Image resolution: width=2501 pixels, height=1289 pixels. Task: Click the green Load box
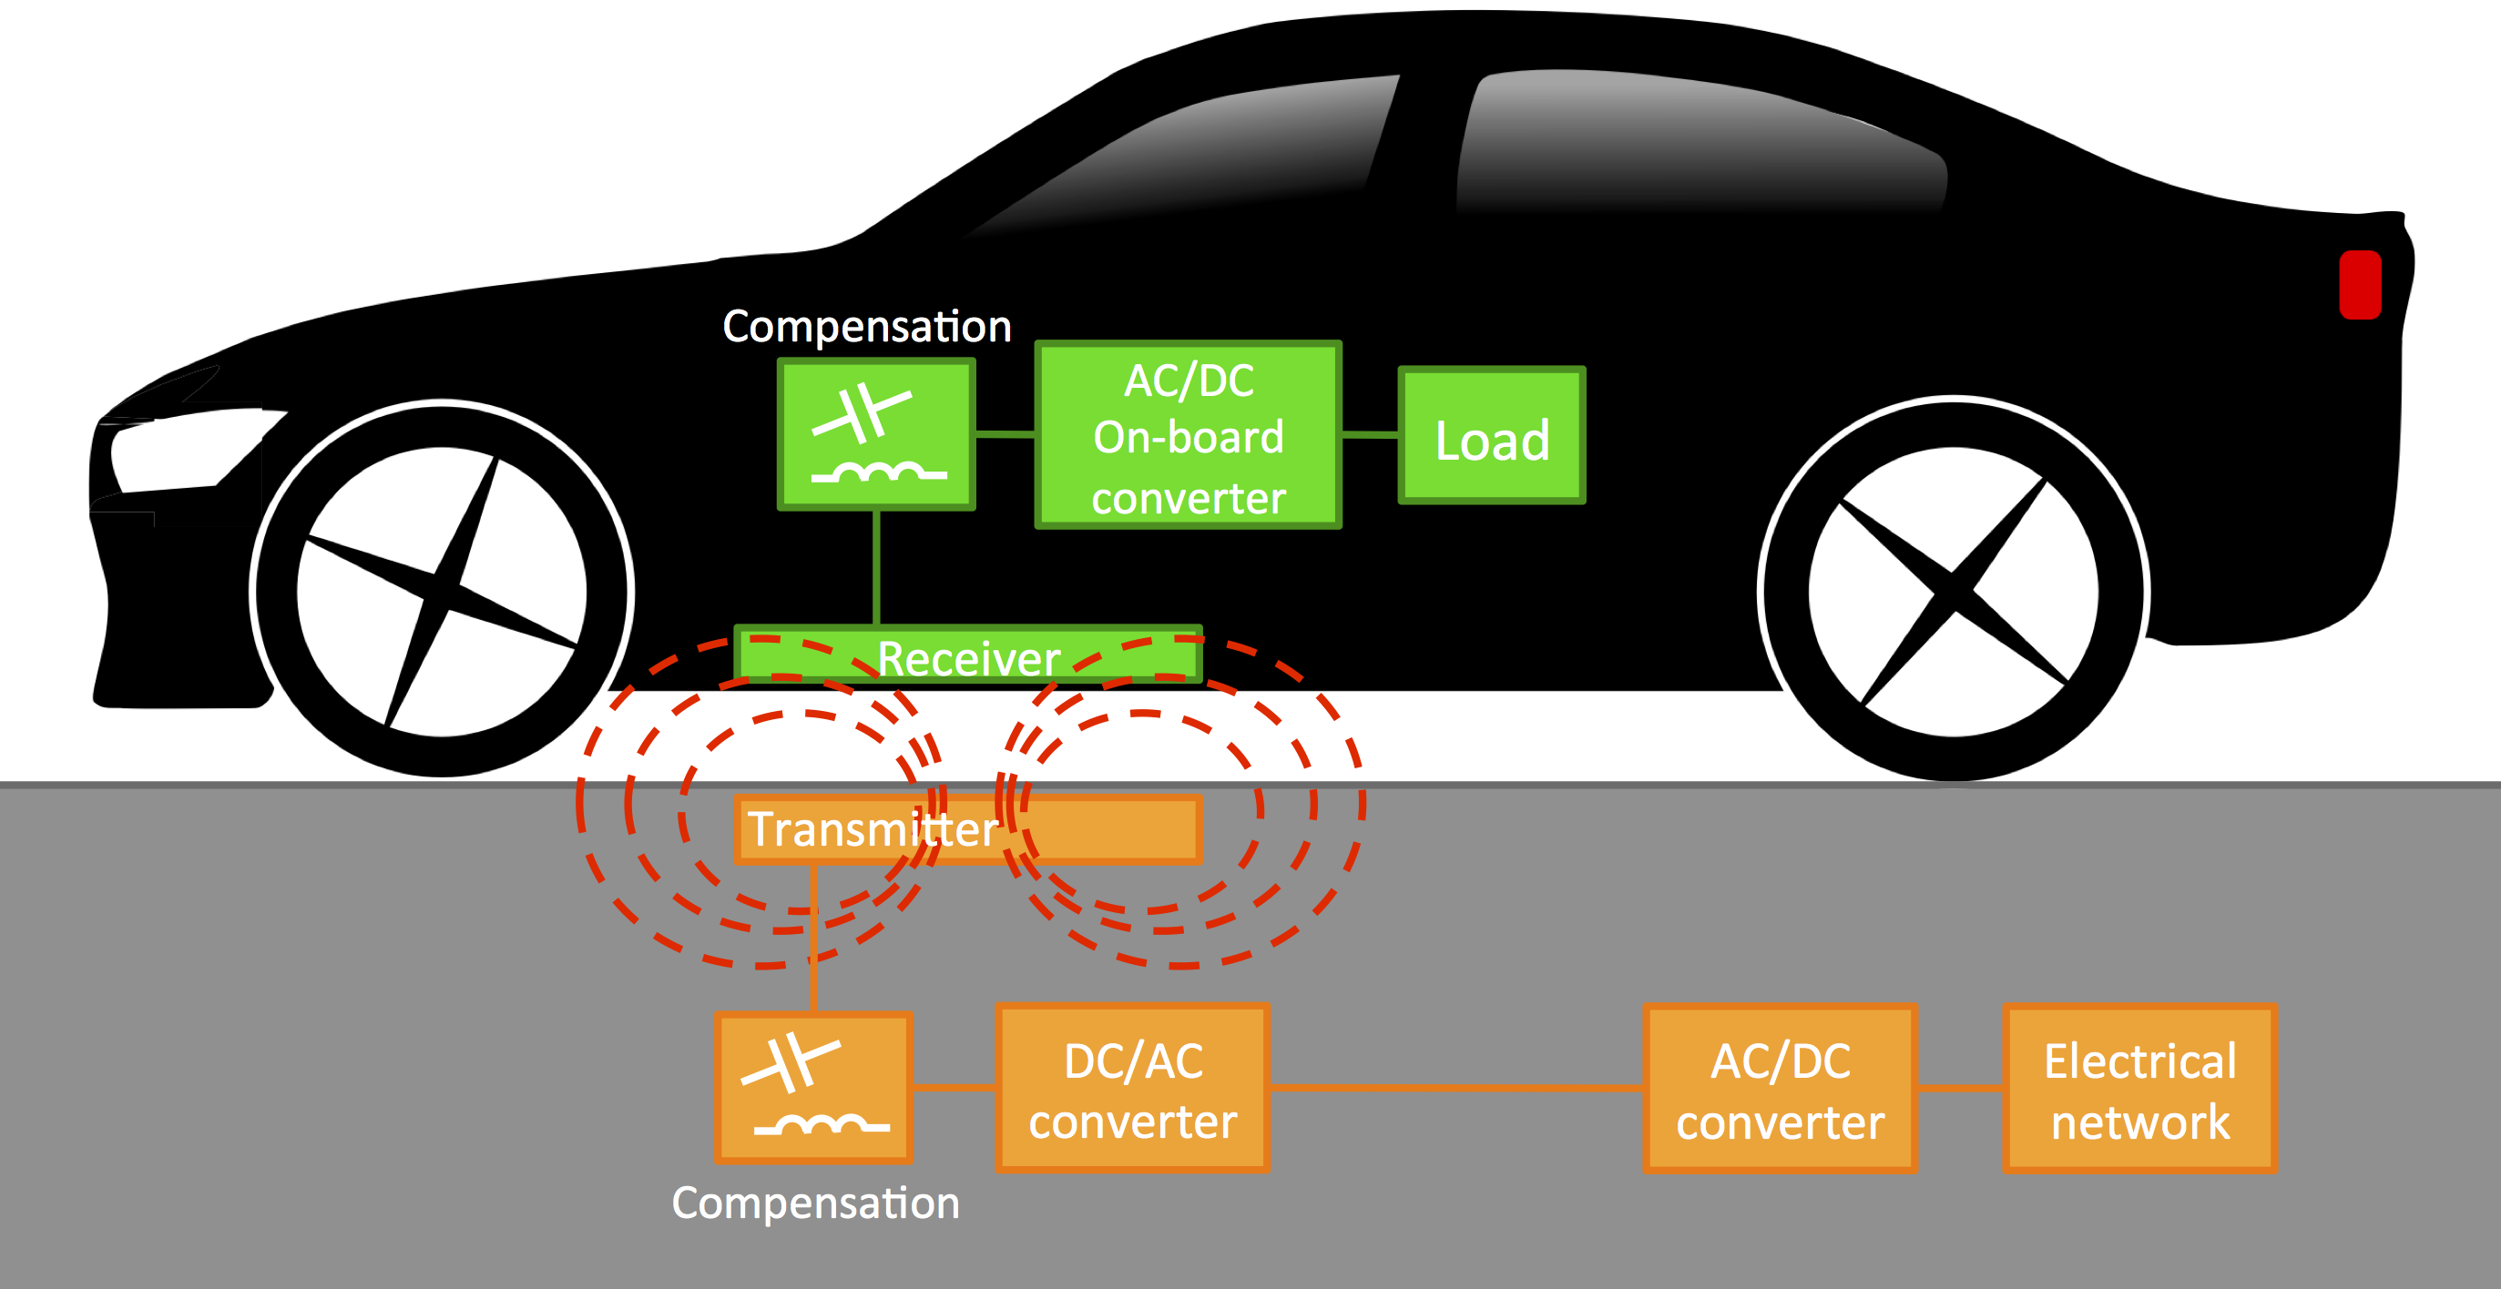[x=1491, y=436]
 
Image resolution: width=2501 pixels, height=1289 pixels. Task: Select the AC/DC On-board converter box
[x=1189, y=435]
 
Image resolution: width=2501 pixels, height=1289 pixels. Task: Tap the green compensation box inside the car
[x=876, y=434]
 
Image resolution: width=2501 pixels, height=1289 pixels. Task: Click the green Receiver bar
[x=968, y=656]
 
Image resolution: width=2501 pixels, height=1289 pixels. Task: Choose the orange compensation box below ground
[x=813, y=1087]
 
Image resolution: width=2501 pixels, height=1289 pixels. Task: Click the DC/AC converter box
[x=1132, y=1088]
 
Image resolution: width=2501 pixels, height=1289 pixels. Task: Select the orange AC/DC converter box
[x=1780, y=1088]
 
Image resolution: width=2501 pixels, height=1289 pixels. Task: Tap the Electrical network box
[x=2139, y=1088]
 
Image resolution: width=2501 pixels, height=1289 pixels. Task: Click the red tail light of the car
[x=2360, y=284]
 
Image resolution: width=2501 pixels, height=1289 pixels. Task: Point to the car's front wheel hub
[x=442, y=589]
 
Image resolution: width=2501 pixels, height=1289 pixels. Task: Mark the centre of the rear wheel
[x=1953, y=590]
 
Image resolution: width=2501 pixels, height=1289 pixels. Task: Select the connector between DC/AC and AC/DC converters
[x=1456, y=1088]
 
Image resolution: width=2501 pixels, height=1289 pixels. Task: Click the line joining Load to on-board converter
[x=1370, y=435]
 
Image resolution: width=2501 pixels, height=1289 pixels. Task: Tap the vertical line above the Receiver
[x=877, y=568]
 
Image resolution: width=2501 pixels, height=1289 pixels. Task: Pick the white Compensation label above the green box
[x=867, y=326]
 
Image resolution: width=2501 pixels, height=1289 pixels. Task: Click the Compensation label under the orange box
[x=815, y=1203]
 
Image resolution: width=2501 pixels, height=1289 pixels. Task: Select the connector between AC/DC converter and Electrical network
[x=1960, y=1088]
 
